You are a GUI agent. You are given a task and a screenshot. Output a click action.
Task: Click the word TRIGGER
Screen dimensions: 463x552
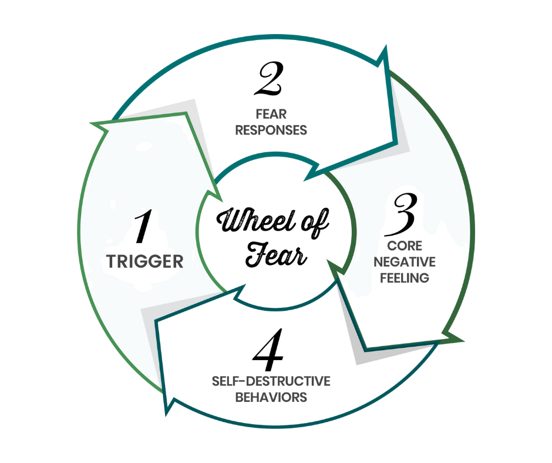pos(145,261)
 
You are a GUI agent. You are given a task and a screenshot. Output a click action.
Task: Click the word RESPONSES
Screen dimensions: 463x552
pos(271,130)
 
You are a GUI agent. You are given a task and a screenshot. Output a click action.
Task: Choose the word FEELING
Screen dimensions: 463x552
pos(405,277)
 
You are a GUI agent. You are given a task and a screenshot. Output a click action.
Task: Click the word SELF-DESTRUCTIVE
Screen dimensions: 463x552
pos(271,381)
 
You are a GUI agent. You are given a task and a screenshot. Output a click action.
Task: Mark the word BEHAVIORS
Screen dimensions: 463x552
pos(271,397)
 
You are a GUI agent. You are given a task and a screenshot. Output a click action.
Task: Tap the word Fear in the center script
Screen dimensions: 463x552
pos(276,256)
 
